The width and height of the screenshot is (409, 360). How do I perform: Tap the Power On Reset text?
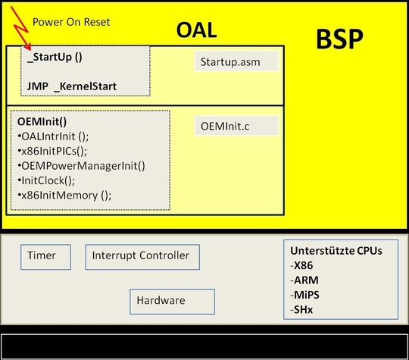71,22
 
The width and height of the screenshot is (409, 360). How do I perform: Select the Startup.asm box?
237,62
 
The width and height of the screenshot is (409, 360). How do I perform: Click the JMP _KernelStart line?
71,86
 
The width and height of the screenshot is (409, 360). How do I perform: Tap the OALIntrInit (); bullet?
52,136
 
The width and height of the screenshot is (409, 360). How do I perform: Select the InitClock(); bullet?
48,180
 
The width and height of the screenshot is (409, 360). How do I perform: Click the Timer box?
45,256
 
